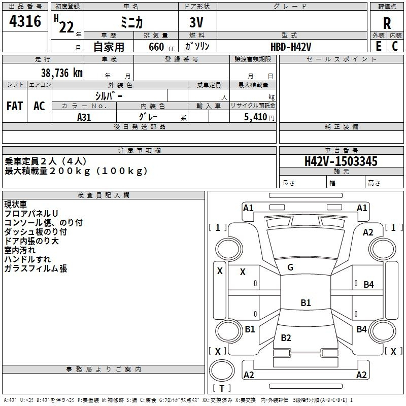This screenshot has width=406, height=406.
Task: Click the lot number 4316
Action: tap(25, 22)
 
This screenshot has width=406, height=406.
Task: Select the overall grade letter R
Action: tap(387, 23)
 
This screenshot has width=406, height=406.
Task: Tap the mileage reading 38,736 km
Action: tap(61, 73)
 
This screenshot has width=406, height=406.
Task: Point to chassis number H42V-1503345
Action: tap(341, 161)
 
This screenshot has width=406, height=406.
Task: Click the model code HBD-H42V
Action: tap(291, 46)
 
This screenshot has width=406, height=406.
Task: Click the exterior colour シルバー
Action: tap(109, 95)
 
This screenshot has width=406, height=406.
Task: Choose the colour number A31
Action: tap(84, 117)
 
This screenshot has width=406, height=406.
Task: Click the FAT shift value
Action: tap(15, 106)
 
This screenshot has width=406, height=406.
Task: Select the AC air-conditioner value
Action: tap(39, 106)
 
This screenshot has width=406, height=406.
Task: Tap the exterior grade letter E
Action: tap(378, 46)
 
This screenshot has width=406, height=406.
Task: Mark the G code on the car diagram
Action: tap(290, 267)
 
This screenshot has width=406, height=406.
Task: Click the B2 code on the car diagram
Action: tap(286, 338)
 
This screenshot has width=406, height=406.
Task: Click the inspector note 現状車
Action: tap(16, 205)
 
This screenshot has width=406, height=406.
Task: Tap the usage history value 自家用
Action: tap(109, 47)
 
